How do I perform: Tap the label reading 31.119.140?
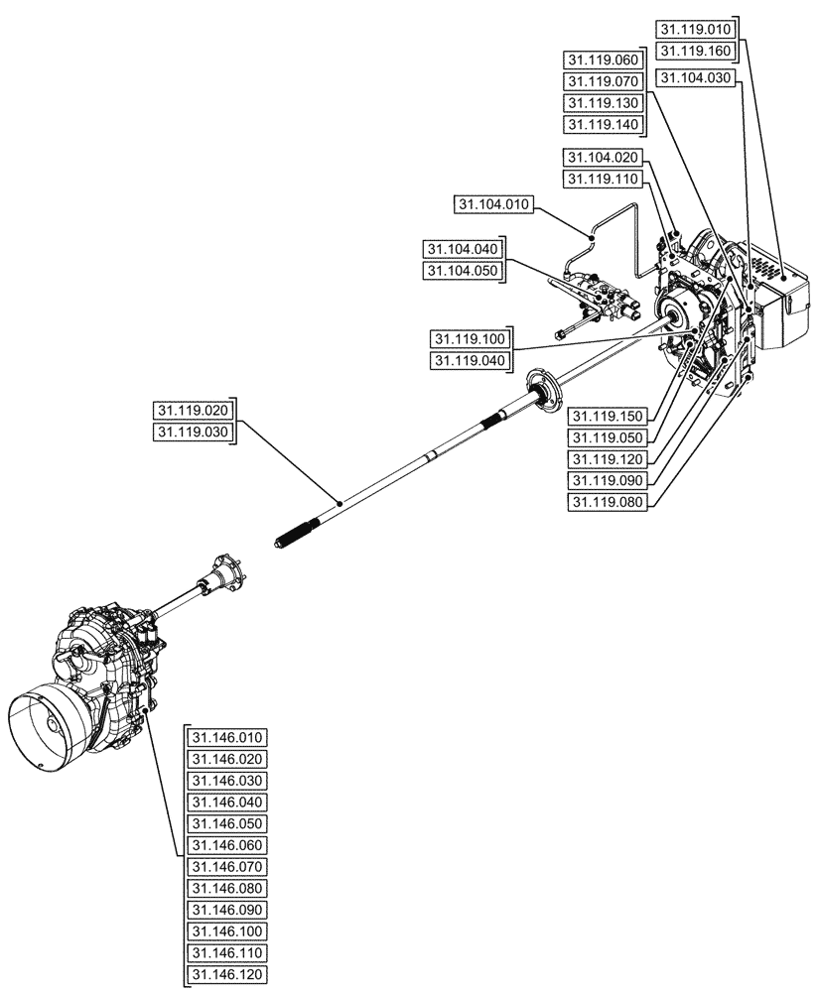click(x=603, y=125)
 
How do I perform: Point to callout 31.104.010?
click(x=494, y=205)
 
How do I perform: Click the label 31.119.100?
click(x=468, y=338)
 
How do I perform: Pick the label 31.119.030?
click(x=192, y=433)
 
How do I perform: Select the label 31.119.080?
click(x=609, y=503)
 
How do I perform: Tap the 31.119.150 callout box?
click(x=609, y=416)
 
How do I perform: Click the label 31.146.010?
click(x=227, y=737)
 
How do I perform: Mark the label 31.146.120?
click(x=227, y=975)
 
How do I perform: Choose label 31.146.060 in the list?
click(x=227, y=845)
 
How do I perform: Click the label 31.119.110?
click(x=603, y=179)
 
